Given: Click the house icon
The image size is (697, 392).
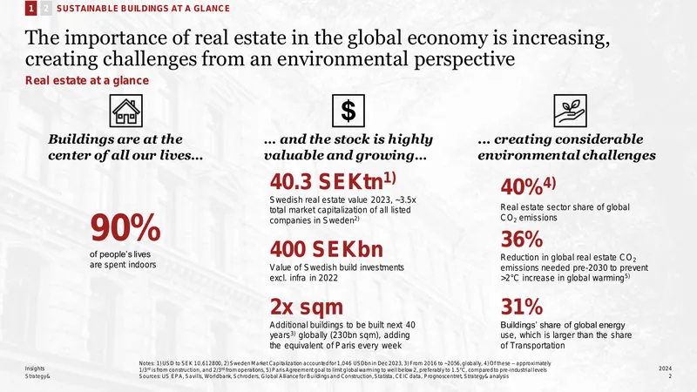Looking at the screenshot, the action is pyautogui.click(x=126, y=111).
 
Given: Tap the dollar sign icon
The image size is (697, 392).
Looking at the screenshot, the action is pyautogui.click(x=348, y=111).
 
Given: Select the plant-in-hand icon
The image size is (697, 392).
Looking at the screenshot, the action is pyautogui.click(x=571, y=111).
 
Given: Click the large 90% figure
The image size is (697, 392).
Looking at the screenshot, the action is pyautogui.click(x=125, y=227).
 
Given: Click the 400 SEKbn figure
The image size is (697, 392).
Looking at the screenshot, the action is pyautogui.click(x=326, y=249).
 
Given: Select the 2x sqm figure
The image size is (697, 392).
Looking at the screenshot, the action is pyautogui.click(x=307, y=307).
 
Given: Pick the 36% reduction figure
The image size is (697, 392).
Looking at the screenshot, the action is pyautogui.click(x=521, y=239).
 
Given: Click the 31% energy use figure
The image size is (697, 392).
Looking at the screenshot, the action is pyautogui.click(x=521, y=307).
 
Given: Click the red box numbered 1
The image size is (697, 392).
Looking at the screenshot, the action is pyautogui.click(x=31, y=8).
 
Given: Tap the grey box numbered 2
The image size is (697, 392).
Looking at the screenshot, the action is pyautogui.click(x=46, y=8).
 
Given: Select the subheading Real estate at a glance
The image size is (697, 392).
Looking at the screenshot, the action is pyautogui.click(x=87, y=80).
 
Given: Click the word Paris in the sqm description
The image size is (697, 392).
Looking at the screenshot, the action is pyautogui.click(x=345, y=345).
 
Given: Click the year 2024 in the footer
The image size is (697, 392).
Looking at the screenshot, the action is pyautogui.click(x=665, y=368).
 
